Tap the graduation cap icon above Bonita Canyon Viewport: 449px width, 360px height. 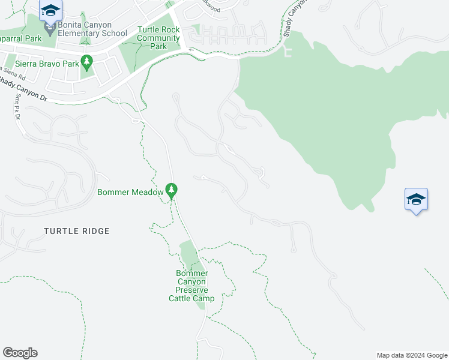(x=51, y=10)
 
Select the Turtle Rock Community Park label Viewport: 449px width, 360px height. (x=158, y=38)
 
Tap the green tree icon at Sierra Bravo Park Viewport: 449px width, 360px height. (x=87, y=61)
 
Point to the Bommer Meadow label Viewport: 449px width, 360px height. (x=130, y=192)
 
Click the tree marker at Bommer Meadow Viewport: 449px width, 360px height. (x=172, y=190)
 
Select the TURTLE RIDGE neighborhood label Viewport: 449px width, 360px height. (x=77, y=230)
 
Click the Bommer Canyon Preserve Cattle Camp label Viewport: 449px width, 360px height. (x=191, y=286)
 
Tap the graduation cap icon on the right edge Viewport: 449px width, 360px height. (x=416, y=199)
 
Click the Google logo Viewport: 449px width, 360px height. (x=20, y=353)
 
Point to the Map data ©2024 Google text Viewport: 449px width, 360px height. (x=412, y=355)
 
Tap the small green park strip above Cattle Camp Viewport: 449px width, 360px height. (x=188, y=254)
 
